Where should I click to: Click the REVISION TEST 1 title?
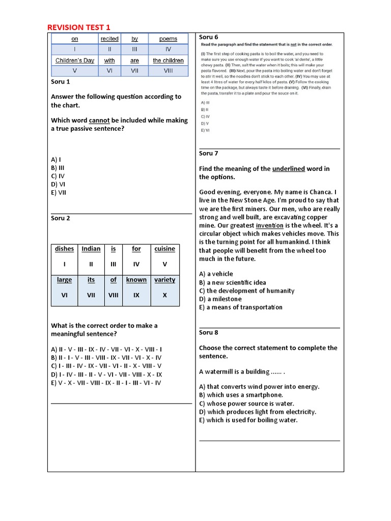78,27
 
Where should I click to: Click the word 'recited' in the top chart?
109,39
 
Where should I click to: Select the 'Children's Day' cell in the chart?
75,61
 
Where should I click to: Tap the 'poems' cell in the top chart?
168,39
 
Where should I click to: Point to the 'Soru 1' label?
61,81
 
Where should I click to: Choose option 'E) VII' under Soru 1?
59,192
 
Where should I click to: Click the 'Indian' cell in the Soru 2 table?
91,249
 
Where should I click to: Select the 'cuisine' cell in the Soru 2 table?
164,249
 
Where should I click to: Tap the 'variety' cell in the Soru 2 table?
164,279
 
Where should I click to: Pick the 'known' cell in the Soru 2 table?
136,279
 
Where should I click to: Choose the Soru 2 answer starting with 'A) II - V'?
106,350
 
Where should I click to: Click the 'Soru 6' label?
208,37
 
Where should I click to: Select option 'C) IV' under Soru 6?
205,117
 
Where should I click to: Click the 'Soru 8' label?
208,332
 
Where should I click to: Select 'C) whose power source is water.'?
246,403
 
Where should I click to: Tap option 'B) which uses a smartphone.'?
241,395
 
